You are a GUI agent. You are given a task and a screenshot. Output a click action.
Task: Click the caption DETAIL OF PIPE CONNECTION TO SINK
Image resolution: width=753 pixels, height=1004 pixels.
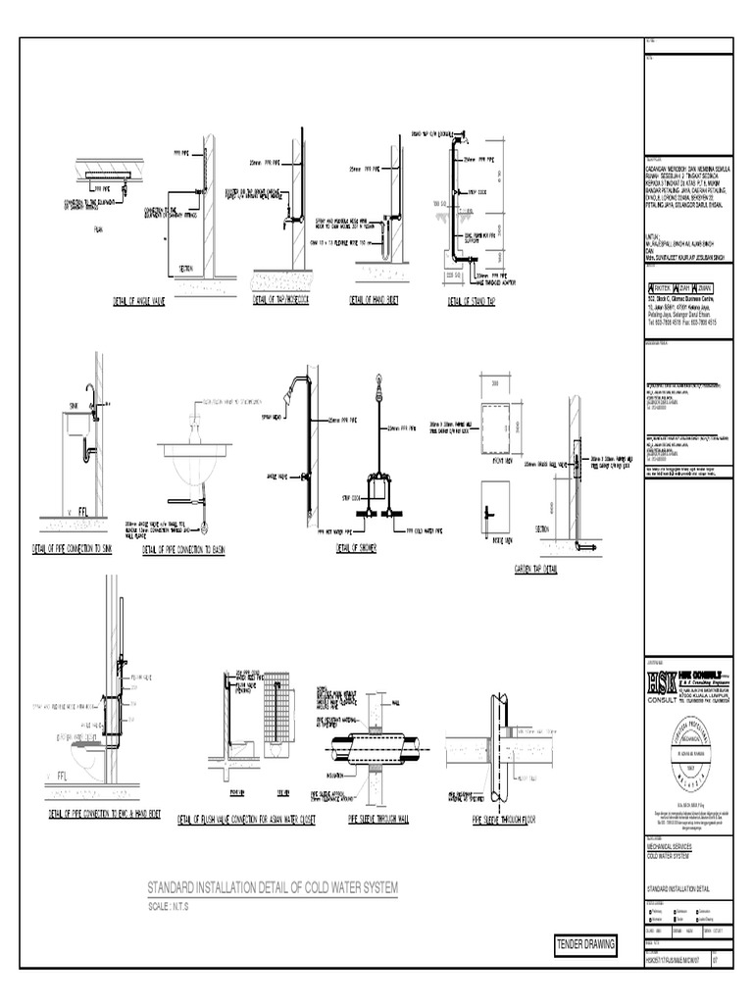pyautogui.click(x=73, y=548)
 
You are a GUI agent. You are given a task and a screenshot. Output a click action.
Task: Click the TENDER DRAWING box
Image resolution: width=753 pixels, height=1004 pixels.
pyautogui.click(x=585, y=943)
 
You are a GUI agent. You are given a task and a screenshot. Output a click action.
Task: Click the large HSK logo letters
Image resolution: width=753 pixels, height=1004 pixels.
pyautogui.click(x=651, y=681)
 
